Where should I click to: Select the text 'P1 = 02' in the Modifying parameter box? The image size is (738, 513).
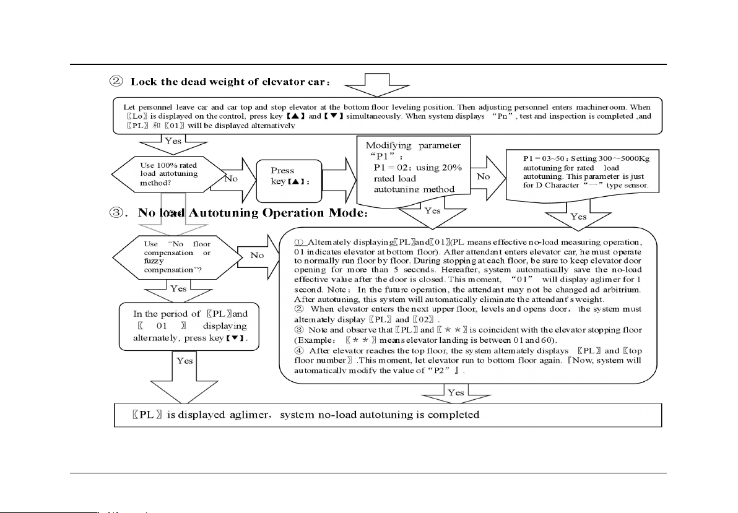tap(390, 167)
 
